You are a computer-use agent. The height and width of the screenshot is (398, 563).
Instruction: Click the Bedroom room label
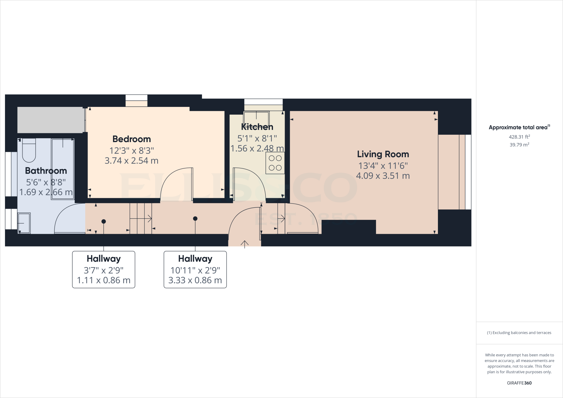[132, 139]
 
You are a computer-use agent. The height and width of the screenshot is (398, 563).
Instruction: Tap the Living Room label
[383, 154]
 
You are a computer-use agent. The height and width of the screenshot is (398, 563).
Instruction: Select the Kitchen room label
[257, 127]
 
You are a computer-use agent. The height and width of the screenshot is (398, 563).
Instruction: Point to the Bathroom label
[46, 171]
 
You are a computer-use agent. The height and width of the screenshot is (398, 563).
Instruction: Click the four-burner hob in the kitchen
[275, 163]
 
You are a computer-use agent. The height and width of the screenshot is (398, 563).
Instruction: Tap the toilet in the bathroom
[29, 151]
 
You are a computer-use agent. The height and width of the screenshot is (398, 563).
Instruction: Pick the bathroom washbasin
[24, 223]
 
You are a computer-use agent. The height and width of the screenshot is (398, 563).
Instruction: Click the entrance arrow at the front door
[245, 244]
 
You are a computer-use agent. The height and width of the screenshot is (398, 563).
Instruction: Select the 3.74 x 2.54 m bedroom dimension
[131, 161]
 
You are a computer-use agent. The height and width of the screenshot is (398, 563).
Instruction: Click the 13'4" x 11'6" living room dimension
[383, 166]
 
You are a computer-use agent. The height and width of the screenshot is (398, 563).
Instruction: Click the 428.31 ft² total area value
[519, 137]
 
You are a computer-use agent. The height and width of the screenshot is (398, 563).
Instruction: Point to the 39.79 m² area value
[519, 145]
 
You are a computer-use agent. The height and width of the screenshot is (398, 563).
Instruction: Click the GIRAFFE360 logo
[519, 383]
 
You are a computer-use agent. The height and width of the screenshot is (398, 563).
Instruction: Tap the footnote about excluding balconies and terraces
[519, 333]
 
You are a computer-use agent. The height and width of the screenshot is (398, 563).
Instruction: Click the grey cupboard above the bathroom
[51, 120]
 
